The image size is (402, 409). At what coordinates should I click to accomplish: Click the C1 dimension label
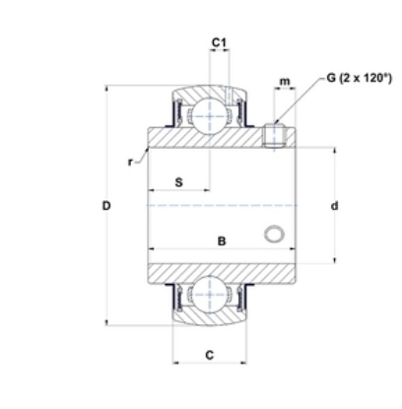219,42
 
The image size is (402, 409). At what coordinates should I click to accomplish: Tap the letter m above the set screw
285,81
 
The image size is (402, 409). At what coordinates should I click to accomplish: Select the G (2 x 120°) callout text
360,78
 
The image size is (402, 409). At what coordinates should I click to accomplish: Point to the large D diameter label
106,206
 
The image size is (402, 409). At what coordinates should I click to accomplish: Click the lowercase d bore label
334,206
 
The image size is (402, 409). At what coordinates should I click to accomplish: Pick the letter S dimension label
178,181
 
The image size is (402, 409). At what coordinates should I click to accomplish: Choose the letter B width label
222,241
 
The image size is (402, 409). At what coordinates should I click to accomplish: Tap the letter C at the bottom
209,355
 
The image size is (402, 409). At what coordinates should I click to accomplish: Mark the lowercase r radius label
130,162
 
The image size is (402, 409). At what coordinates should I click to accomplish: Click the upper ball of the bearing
210,116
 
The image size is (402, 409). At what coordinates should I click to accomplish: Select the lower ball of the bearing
210,295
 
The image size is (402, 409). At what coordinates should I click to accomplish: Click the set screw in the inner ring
275,135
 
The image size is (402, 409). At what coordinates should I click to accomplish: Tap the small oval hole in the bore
275,234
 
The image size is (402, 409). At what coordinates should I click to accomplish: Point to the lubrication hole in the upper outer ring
229,96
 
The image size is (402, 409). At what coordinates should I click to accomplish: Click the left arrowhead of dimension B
152,248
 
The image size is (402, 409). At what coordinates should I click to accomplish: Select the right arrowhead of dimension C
243,363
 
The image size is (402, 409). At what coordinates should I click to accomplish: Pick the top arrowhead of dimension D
106,89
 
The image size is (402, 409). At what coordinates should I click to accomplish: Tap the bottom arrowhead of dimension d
335,260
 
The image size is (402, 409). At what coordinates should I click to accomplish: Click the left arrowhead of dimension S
152,190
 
